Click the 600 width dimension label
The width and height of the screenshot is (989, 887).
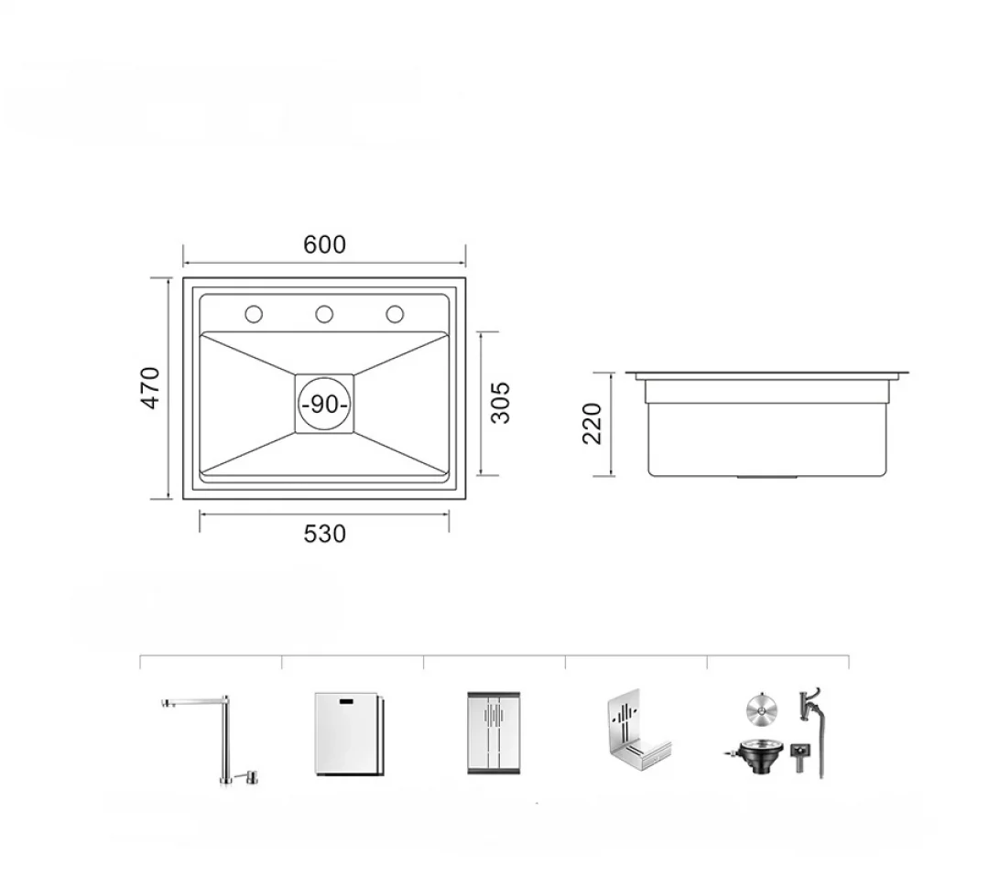[324, 244]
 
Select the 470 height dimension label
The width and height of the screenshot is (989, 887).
[152, 388]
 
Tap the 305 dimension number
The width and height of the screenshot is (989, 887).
[500, 402]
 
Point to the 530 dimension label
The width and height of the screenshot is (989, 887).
[324, 534]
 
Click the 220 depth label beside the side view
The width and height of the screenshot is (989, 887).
[592, 424]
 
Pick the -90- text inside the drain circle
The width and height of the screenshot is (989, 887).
[324, 404]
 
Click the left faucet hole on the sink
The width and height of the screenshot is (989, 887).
[254, 314]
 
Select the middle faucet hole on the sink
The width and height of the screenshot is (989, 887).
[324, 314]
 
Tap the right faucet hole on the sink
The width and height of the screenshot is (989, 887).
[395, 314]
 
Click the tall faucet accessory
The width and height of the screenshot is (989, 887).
[225, 738]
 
